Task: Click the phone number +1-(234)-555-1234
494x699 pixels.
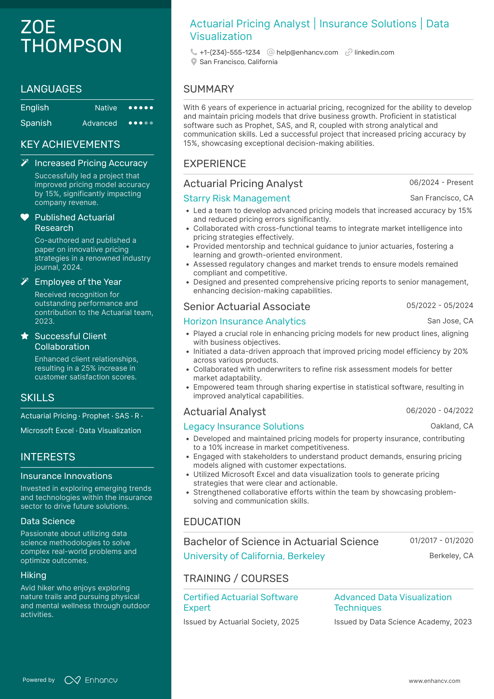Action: point(229,53)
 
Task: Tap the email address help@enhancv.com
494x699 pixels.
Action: point(307,53)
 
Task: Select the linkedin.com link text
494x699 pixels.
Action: point(374,53)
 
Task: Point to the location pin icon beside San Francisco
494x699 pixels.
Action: point(194,62)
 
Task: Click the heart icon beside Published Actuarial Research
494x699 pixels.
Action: point(25,217)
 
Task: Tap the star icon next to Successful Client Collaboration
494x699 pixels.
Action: point(25,336)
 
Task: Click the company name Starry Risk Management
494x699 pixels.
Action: point(237,198)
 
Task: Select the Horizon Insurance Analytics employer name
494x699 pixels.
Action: point(245,321)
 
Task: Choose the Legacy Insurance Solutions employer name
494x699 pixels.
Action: point(243,426)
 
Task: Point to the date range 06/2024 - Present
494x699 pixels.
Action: point(441,183)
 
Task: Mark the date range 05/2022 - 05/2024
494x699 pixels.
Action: point(440,306)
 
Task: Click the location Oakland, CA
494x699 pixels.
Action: point(452,426)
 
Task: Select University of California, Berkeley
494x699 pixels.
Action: point(254,556)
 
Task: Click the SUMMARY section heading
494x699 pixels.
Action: point(209,89)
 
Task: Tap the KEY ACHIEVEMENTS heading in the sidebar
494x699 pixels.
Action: point(70,144)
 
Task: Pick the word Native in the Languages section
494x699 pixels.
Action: point(106,108)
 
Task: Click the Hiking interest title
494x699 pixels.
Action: point(33,575)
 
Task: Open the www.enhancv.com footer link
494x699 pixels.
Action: point(434,681)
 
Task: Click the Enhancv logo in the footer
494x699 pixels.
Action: point(91,680)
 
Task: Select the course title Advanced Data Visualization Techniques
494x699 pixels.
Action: point(393,602)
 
